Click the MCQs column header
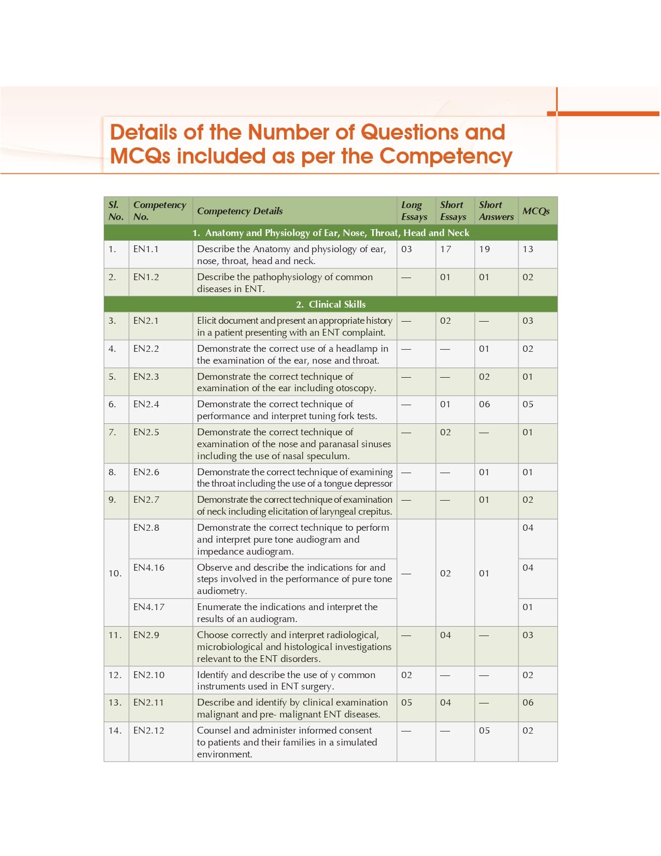536,211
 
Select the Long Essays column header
414,211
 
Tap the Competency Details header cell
240,211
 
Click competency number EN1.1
146,249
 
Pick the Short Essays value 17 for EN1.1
445,249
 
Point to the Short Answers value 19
484,249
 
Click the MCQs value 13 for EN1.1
528,249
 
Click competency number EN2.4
146,404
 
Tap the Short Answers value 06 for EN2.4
484,404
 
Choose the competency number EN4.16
148,568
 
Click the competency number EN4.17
148,607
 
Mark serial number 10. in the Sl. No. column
115,573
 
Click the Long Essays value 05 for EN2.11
406,702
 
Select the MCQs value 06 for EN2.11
528,702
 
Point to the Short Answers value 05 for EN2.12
484,730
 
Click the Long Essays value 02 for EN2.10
406,675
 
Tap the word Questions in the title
409,132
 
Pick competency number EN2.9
146,635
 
